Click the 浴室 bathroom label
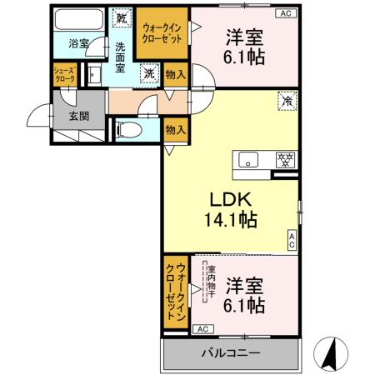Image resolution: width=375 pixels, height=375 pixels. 77,42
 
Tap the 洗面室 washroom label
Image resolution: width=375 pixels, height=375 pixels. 121,57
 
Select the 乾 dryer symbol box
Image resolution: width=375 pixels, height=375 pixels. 122,17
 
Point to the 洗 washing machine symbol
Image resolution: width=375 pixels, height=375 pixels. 147,73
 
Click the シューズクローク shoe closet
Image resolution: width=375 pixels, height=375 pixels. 65,74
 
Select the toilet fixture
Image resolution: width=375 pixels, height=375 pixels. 124,128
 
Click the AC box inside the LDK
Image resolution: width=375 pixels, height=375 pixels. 292,241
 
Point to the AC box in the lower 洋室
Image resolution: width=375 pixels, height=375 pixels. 202,329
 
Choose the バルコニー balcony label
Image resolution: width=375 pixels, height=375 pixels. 229,353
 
